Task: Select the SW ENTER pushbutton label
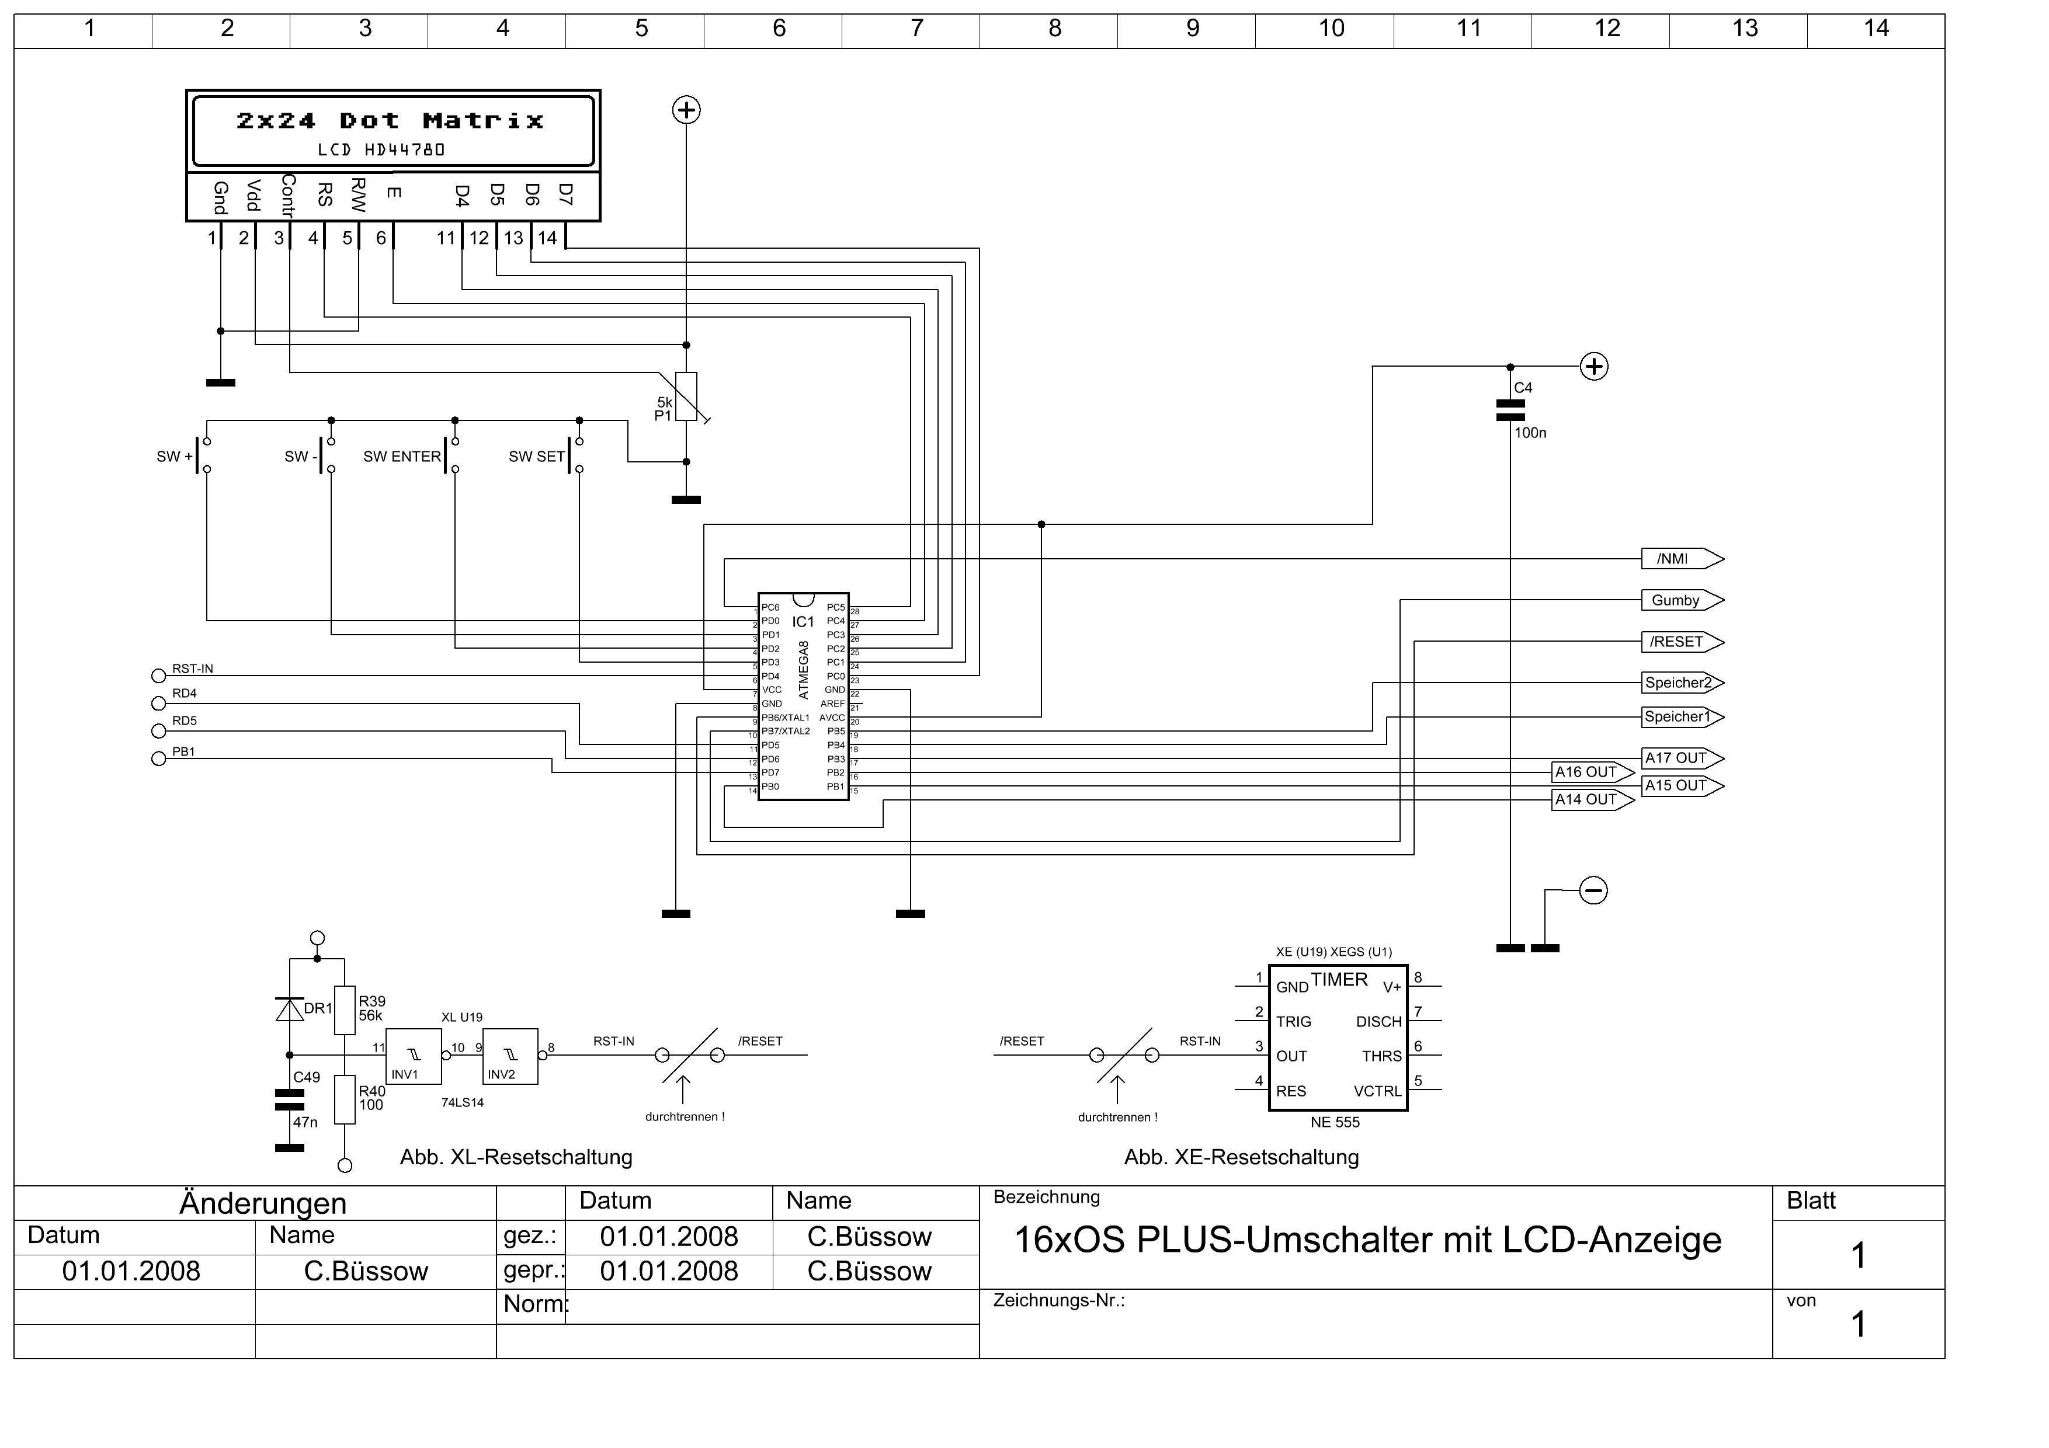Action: tap(402, 457)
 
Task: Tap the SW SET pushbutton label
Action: tap(536, 457)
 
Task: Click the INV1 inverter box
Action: tap(413, 1057)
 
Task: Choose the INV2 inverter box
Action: tap(510, 1057)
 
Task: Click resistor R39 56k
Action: tap(345, 1010)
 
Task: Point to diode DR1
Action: tap(289, 1009)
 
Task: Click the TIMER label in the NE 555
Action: tap(1339, 980)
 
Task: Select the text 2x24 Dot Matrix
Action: tap(390, 120)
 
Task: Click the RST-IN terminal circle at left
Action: tap(159, 676)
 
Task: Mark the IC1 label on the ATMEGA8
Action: tap(803, 622)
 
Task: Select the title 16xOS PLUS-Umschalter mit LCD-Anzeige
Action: tap(1367, 1240)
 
